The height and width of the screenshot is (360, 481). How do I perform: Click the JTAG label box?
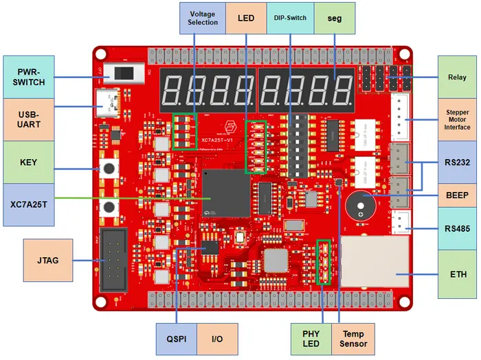tap(47, 260)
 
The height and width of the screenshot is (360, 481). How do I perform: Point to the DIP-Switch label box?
tap(290, 18)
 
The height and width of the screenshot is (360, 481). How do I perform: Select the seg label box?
tap(335, 18)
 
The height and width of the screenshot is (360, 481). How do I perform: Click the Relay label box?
tap(457, 77)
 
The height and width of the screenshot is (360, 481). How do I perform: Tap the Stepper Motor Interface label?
tap(457, 119)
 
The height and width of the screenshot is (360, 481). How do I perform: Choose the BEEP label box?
tap(457, 195)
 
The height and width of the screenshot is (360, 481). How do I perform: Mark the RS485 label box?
tap(457, 229)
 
